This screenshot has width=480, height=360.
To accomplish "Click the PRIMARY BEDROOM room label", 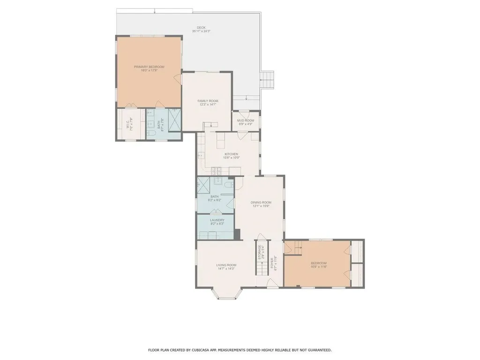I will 149,67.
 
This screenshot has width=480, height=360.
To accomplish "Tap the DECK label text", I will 201,28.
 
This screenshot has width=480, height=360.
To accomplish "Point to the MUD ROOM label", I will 246,120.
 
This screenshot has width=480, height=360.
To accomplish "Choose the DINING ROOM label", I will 261,202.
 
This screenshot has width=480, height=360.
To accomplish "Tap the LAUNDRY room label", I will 217,220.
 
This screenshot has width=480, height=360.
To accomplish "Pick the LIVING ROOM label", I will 226,265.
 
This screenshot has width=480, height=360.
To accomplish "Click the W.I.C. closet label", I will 127,125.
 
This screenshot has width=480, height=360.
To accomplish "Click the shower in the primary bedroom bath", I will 173,120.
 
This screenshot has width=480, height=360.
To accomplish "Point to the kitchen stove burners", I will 217,170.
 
